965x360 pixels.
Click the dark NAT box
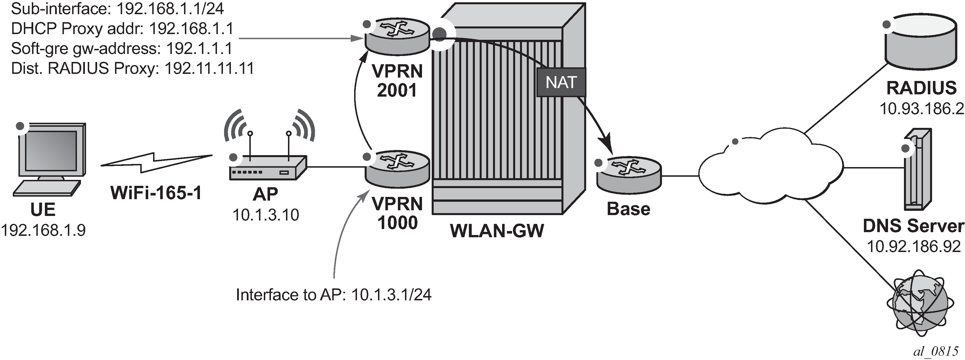561,82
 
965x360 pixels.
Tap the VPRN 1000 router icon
398,169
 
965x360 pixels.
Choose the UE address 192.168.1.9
43,230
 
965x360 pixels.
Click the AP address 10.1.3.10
266,215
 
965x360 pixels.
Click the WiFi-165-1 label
156,193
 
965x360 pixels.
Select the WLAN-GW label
497,230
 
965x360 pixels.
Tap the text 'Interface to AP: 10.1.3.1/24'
333,295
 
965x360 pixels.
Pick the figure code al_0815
935,351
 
